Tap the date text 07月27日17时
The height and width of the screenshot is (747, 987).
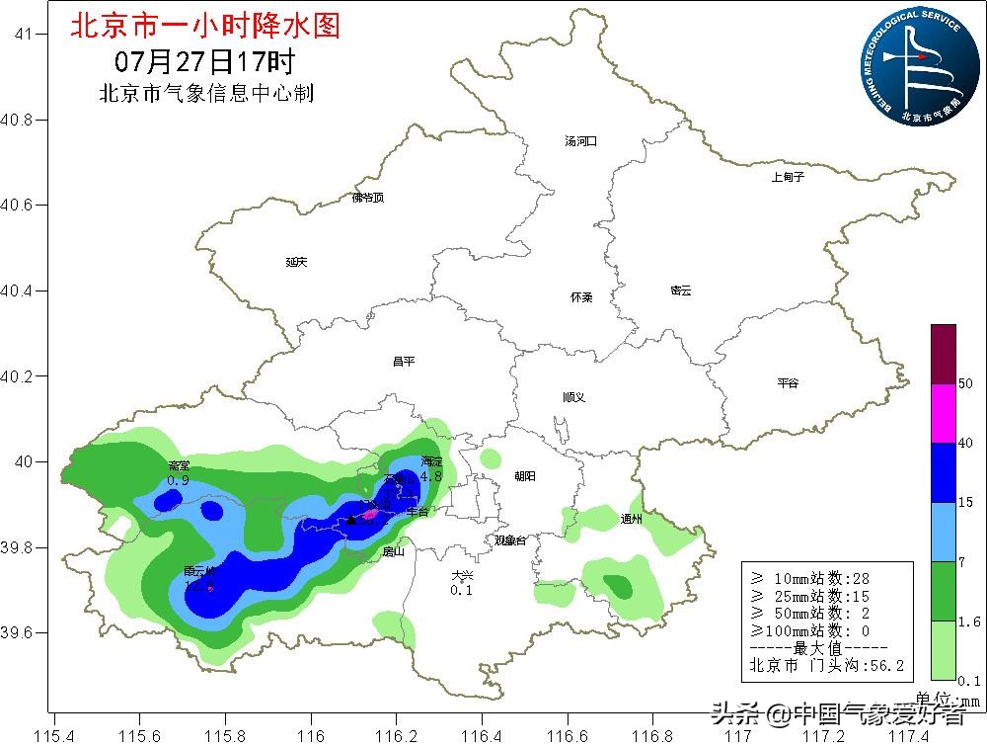(x=204, y=61)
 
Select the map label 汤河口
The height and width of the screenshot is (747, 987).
(x=580, y=141)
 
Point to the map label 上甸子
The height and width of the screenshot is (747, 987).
(x=788, y=177)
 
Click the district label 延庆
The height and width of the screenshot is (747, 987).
(x=297, y=262)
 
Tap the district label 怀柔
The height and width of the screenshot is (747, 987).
(x=581, y=297)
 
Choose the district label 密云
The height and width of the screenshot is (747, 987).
(x=681, y=290)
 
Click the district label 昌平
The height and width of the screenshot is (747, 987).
(x=403, y=362)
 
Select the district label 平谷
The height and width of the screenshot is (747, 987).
(x=787, y=383)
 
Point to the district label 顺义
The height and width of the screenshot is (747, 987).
(x=574, y=397)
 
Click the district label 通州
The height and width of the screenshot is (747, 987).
(x=631, y=519)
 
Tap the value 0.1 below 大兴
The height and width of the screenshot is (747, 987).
(x=461, y=591)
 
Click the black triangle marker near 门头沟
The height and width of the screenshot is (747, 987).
(x=350, y=519)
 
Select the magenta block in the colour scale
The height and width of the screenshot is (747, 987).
(x=944, y=413)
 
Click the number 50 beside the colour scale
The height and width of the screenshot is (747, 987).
(x=965, y=383)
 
